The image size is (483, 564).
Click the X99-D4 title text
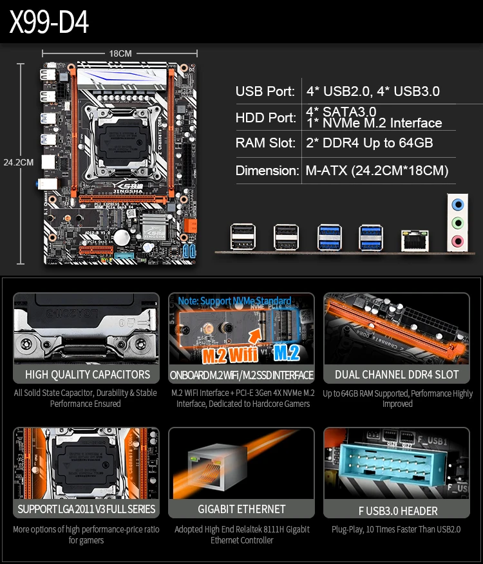click(49, 23)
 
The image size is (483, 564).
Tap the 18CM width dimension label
click(120, 53)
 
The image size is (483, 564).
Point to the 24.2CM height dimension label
click(18, 162)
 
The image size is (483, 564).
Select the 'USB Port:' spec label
click(265, 91)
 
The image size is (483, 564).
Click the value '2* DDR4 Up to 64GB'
click(369, 143)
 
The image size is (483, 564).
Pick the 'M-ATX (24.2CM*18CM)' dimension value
click(377, 171)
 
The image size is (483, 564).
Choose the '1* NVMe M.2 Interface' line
click(374, 123)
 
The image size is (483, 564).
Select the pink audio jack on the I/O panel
click(457, 241)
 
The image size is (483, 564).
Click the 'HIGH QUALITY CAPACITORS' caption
click(87, 375)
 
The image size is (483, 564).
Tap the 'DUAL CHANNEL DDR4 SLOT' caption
click(397, 375)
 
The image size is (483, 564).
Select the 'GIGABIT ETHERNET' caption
click(241, 509)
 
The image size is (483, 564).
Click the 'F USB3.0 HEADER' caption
click(397, 511)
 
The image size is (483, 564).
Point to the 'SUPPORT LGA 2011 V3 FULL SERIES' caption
click(87, 509)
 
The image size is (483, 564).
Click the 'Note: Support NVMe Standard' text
click(234, 301)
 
